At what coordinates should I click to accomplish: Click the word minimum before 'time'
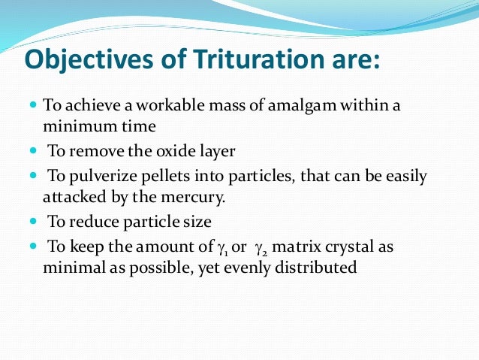click(74, 125)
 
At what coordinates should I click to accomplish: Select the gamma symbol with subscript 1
click(221, 248)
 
